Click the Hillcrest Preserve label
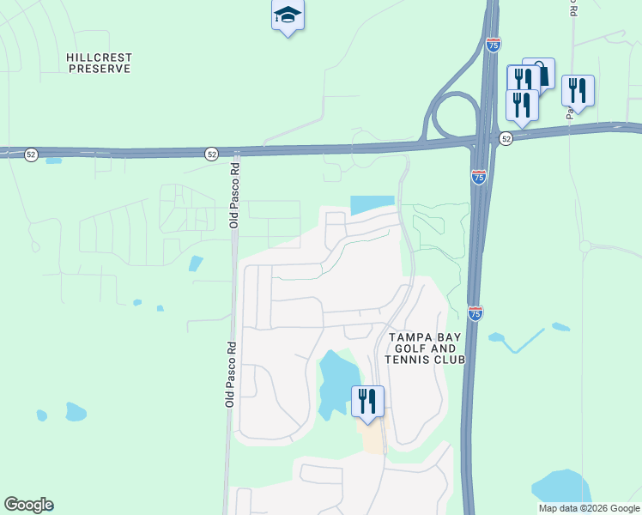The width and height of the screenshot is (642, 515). pyautogui.click(x=99, y=63)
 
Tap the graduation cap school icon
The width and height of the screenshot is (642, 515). pyautogui.click(x=288, y=15)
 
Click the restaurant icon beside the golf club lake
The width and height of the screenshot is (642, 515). pyautogui.click(x=367, y=401)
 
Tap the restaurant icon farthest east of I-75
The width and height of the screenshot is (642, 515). pyautogui.click(x=577, y=90)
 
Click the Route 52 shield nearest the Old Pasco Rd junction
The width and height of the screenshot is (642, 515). pyautogui.click(x=211, y=154)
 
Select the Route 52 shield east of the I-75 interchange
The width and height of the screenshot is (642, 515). pyautogui.click(x=506, y=139)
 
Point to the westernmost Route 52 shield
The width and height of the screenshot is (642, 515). pyautogui.click(x=31, y=154)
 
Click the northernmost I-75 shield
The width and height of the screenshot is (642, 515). pyautogui.click(x=493, y=45)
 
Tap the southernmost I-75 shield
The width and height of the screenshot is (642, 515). pyautogui.click(x=475, y=313)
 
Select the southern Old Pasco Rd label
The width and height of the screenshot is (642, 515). pyautogui.click(x=230, y=374)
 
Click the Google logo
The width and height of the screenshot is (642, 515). pyautogui.click(x=28, y=505)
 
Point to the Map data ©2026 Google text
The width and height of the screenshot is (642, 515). pyautogui.click(x=589, y=508)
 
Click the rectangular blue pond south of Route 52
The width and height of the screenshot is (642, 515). pyautogui.click(x=372, y=205)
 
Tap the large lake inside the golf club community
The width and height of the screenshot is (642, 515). pyautogui.click(x=339, y=380)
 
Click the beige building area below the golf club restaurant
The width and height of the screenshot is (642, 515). pyautogui.click(x=372, y=438)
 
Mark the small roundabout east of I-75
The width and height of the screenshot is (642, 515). pyautogui.click(x=585, y=246)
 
